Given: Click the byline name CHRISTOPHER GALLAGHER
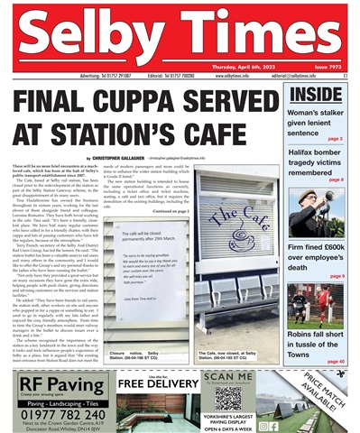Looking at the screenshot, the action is coord(118,159).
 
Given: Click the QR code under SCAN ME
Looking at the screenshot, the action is coord(227,400).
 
